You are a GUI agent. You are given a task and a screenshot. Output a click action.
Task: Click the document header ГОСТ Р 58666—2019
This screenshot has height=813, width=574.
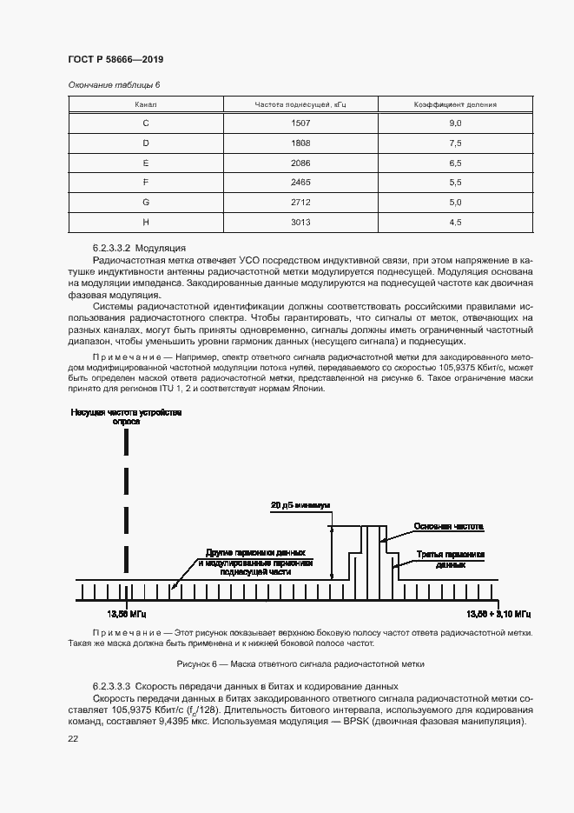[115, 59]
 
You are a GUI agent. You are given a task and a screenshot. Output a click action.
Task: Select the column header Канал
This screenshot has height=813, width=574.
[145, 104]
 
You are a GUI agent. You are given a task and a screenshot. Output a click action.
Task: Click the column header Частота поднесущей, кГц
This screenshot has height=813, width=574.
[300, 104]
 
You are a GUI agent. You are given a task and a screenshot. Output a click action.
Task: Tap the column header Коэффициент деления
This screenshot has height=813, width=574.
[454, 104]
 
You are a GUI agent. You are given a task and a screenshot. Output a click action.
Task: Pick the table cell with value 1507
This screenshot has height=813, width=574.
[300, 123]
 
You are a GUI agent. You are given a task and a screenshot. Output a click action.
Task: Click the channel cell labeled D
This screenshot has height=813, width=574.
[145, 143]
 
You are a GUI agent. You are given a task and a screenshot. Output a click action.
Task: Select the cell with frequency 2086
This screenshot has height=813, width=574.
[300, 163]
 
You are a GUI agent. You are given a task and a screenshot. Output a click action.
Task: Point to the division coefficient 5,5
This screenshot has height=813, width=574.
[454, 182]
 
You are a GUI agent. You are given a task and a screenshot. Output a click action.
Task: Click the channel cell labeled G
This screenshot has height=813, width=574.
[145, 202]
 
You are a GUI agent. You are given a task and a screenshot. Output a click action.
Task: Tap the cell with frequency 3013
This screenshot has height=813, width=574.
[300, 222]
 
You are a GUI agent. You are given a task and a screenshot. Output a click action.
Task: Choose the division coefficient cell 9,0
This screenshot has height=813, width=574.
[454, 123]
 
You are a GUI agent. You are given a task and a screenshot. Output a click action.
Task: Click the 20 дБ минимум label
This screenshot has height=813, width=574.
[300, 505]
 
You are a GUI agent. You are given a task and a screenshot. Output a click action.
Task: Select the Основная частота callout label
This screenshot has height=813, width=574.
[448, 527]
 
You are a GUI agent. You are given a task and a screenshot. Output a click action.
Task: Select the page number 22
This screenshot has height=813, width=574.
[72, 738]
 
